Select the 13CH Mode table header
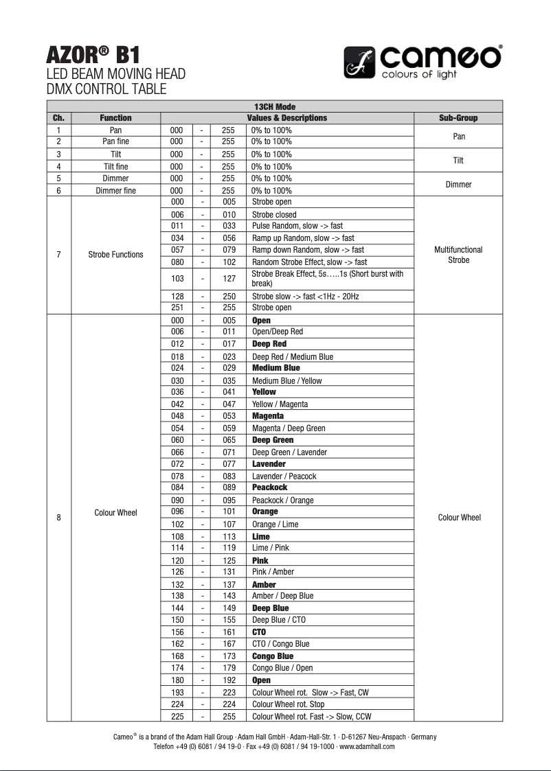tap(274, 106)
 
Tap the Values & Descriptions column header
tap(286, 118)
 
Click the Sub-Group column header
tap(458, 118)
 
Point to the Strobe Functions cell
tap(115, 255)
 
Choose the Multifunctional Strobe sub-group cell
tap(458, 255)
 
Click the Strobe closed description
tap(274, 215)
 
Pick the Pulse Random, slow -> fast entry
tap(297, 226)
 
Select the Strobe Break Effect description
tap(327, 278)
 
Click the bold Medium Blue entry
tap(275, 368)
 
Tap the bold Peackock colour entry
tap(269, 487)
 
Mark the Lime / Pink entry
tap(270, 548)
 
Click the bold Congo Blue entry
tap(272, 656)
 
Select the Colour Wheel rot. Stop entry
tap(288, 704)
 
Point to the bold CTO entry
tap(259, 632)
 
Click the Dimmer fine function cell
tap(115, 191)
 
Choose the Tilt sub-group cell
tap(458, 161)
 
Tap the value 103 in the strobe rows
tap(177, 279)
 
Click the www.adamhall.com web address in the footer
tap(367, 747)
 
